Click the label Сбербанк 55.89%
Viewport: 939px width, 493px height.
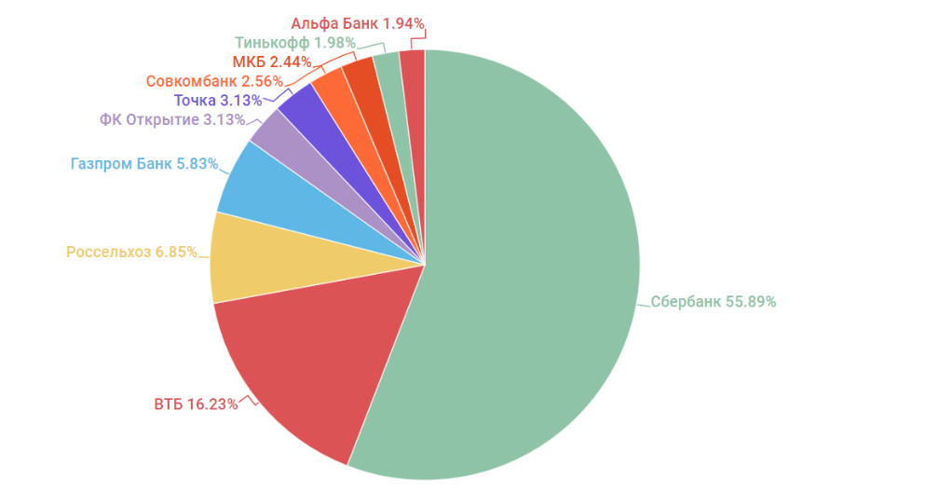tap(713, 302)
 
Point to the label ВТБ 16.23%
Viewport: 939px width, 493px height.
tap(195, 404)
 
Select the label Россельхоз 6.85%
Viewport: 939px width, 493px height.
tap(131, 252)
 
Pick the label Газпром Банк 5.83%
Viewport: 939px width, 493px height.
tap(144, 164)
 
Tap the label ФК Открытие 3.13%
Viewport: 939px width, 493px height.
tap(172, 119)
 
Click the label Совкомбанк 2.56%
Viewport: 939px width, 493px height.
tap(214, 81)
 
